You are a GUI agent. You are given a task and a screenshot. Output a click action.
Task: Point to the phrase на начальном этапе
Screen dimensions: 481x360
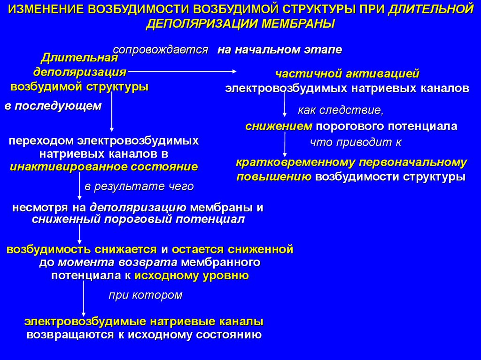(x=279, y=49)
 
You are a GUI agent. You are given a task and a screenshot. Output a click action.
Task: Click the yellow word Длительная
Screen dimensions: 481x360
(x=78, y=58)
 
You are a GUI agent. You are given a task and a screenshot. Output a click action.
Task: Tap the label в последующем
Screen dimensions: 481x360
(x=53, y=106)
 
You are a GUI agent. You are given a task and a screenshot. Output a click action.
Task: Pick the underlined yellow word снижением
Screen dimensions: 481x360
(x=279, y=126)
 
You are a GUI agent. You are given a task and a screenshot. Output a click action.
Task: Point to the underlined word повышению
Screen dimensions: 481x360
(x=274, y=177)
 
